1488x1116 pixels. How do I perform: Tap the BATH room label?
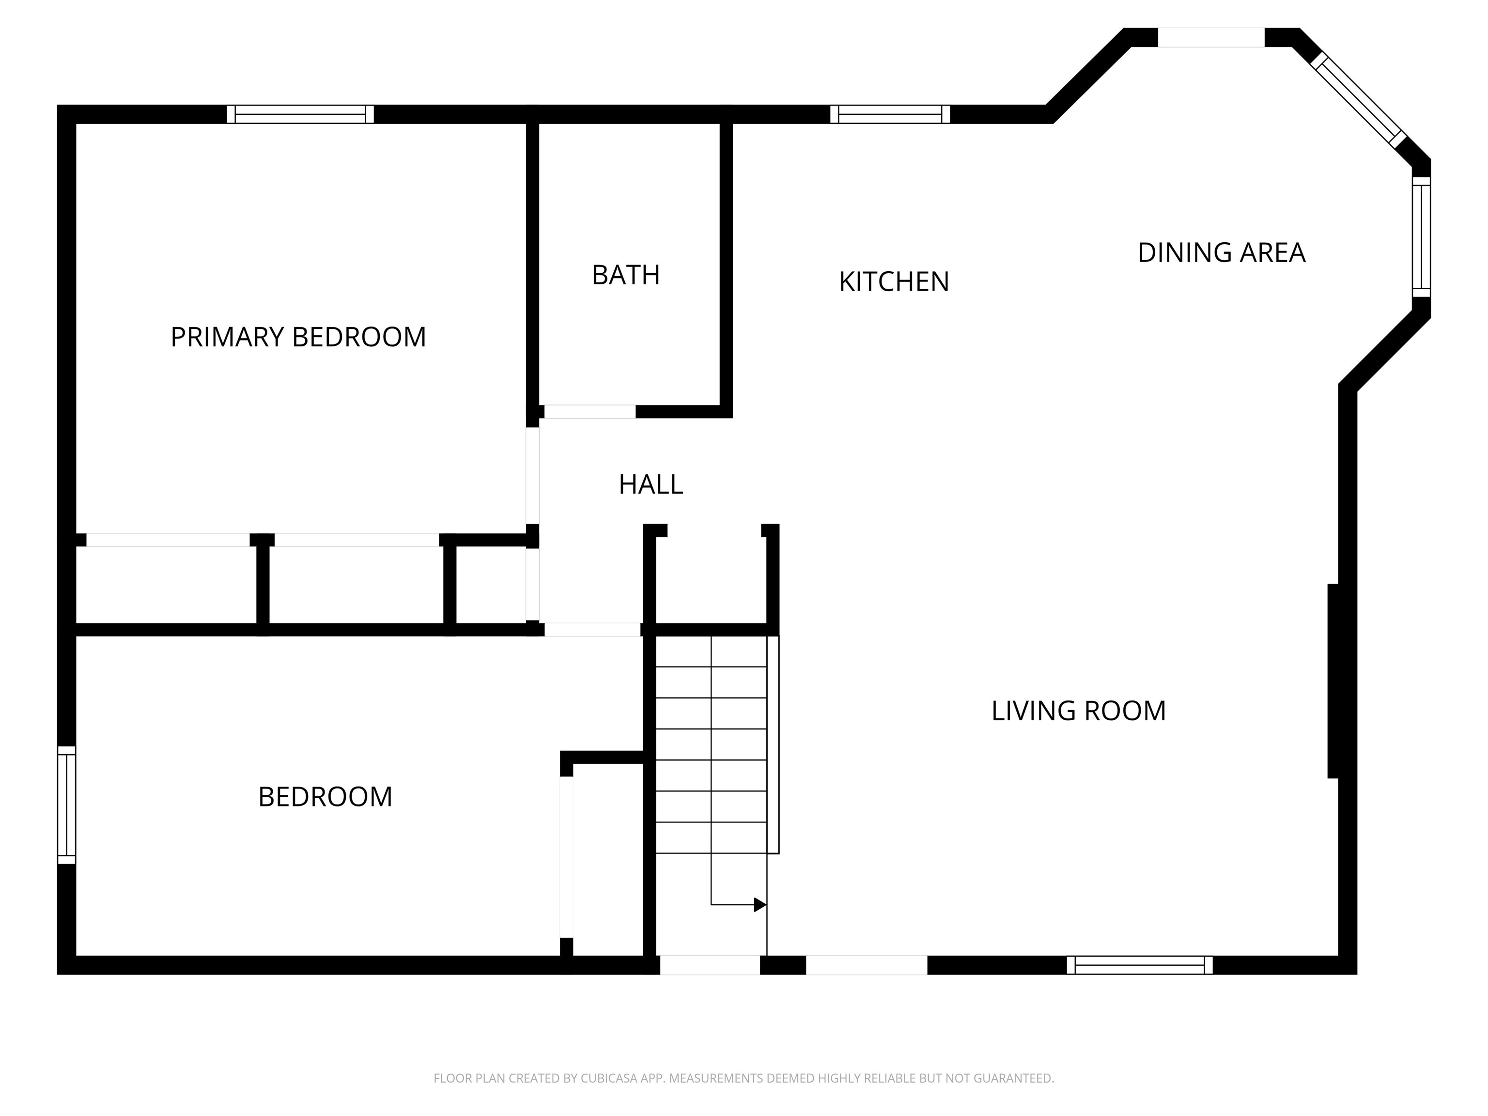[626, 275]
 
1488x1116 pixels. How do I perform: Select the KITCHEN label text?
[894, 282]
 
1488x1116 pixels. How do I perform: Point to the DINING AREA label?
[1222, 253]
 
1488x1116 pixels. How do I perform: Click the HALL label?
[651, 484]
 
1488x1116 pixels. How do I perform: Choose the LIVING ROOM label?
[1078, 711]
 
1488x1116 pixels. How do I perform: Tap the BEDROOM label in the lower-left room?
[325, 797]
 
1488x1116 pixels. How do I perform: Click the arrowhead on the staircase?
[760, 905]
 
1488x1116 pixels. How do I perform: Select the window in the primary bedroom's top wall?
[300, 114]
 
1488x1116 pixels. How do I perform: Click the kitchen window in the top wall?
[890, 114]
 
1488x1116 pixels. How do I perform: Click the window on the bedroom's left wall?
[66, 805]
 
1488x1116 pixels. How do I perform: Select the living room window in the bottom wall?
[1140, 965]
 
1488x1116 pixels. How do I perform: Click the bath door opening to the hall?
[590, 412]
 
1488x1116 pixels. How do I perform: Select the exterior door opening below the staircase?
[710, 965]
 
